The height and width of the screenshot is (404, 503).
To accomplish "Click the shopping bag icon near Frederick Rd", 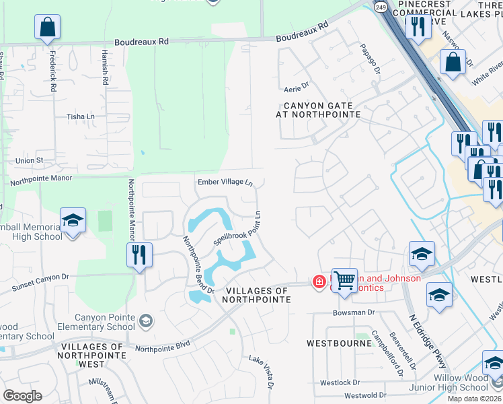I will point(48,28).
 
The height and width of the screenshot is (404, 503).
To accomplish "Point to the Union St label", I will point(29,161).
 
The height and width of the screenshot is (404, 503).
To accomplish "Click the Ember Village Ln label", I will point(225,182).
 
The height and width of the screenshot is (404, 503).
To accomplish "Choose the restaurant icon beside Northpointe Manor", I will point(139,255).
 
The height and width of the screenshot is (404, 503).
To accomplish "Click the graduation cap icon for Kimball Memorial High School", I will point(73,220).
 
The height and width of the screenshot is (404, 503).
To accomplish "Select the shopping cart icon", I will point(344,279).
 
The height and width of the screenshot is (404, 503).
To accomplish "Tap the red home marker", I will point(319,281).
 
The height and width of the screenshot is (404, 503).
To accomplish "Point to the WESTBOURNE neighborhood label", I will point(339,343).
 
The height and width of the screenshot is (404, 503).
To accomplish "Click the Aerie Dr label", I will point(296,86).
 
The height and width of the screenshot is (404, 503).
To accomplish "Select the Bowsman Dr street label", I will point(353,312).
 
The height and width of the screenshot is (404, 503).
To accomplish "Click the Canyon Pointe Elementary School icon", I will point(146,321).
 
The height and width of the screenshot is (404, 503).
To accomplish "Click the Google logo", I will point(22,396).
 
